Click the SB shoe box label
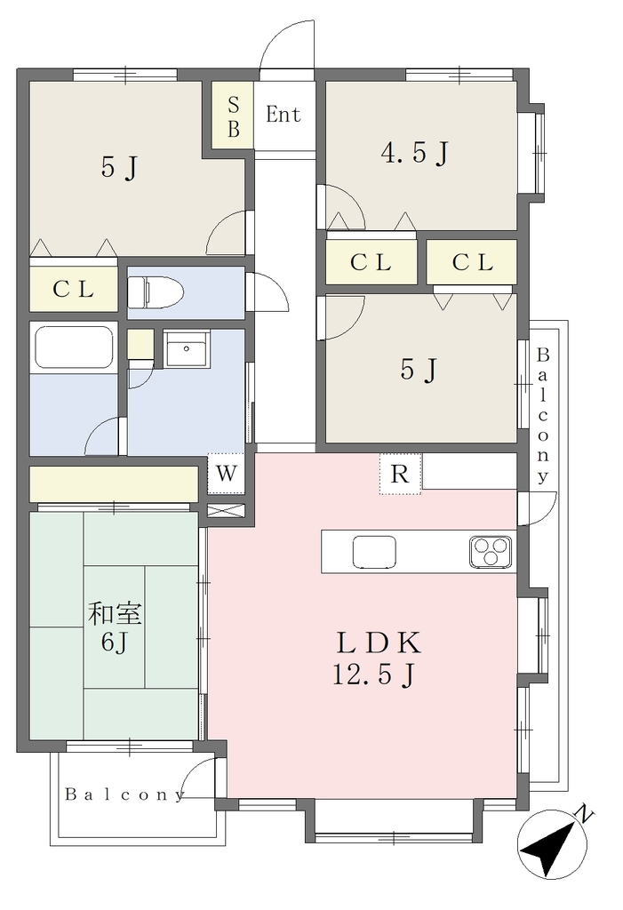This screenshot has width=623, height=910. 234,116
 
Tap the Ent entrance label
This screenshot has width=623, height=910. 284,115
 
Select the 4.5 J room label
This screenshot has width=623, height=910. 414,153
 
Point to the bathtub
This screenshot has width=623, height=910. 74,347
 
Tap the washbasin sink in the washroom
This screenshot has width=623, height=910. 187,348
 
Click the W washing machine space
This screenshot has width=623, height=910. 227,473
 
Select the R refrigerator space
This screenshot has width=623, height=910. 400,474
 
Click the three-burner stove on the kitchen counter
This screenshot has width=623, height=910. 491,551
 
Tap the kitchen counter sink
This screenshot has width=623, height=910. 374,551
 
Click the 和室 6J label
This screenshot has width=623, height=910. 115,627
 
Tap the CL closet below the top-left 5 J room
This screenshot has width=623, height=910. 74,289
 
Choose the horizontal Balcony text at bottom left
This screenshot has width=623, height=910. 124,794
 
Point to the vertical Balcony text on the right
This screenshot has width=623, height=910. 543,416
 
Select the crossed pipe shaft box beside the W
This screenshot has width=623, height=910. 227,511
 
